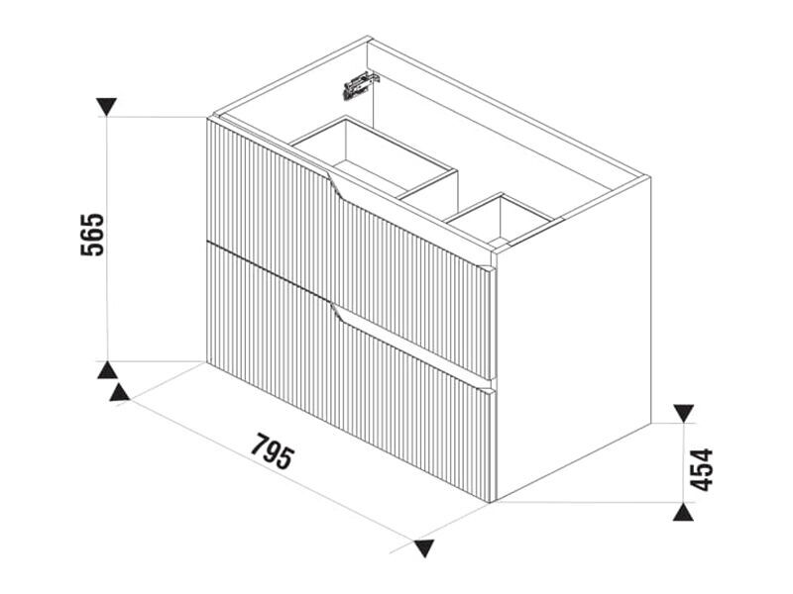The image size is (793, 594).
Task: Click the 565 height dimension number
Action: (x=92, y=235)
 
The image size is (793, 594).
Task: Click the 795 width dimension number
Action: (x=272, y=451)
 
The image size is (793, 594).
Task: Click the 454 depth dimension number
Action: (x=702, y=469)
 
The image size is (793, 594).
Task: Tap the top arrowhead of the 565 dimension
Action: (x=107, y=106)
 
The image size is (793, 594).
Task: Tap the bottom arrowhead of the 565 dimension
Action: (x=107, y=370)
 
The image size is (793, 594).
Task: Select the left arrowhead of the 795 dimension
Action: (x=119, y=392)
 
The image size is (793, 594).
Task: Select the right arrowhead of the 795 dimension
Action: (x=423, y=548)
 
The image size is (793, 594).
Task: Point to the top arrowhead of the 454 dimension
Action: (x=684, y=413)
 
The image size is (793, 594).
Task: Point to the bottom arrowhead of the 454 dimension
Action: (x=684, y=512)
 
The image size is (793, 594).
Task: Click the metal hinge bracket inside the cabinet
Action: (x=361, y=85)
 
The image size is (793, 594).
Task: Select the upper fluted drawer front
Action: (x=349, y=247)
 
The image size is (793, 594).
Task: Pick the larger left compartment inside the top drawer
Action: (x=376, y=156)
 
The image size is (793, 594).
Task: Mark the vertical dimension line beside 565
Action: (x=107, y=239)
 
